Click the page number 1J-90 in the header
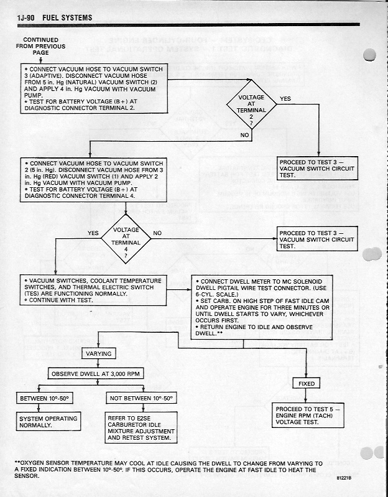tap(27, 17)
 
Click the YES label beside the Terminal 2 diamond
tap(285, 98)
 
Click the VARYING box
tap(98, 353)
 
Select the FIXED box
tap(307, 384)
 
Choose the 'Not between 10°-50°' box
tap(141, 397)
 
